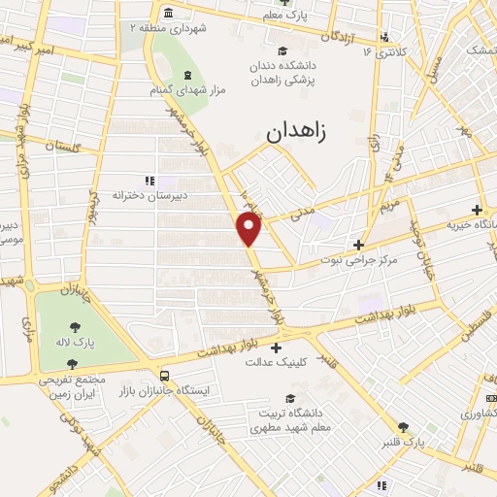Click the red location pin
[249, 228]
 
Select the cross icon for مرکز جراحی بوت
[359, 245]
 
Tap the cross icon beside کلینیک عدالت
[278, 347]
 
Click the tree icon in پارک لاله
[74, 327]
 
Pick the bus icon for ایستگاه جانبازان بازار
[164, 375]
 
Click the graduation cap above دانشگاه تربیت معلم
[288, 397]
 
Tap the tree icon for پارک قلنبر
[403, 426]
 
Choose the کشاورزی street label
[474, 412]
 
